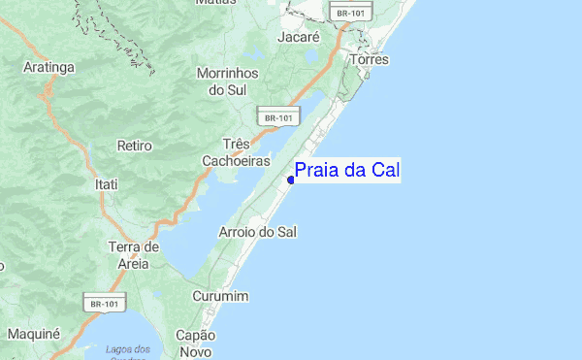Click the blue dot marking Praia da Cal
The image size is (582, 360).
291,180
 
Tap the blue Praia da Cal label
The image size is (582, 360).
347,171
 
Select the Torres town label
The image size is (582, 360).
370,60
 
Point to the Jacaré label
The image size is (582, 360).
298,36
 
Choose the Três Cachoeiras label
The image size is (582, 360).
236,150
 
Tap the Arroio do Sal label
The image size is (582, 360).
258,233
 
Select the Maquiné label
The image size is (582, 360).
33,334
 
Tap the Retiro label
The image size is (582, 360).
135,146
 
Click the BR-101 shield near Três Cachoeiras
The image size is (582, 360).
276,117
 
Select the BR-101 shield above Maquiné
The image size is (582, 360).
103,304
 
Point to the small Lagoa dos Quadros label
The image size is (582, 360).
129,352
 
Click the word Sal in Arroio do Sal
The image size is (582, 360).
286,233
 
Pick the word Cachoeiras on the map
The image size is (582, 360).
236,160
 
